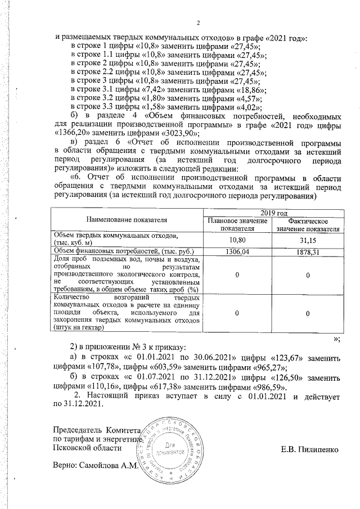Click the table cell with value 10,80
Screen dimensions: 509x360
(237, 239)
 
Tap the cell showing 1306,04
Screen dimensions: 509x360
(237, 251)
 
